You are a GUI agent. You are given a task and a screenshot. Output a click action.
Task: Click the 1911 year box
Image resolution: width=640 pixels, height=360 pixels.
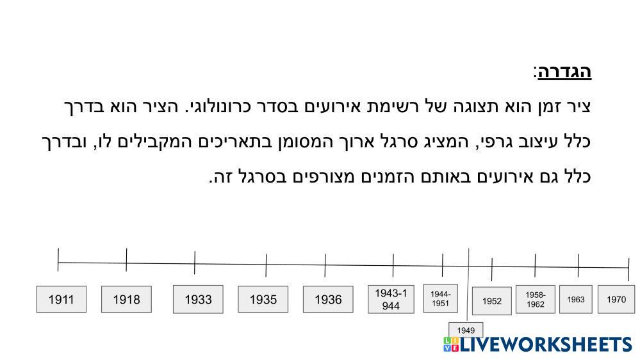(62, 299)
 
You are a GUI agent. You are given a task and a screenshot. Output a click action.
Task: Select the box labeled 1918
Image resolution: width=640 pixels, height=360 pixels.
(127, 299)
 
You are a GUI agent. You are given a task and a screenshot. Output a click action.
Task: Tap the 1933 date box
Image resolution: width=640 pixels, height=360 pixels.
(198, 299)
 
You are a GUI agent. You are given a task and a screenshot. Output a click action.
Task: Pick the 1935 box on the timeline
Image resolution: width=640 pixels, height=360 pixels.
(263, 299)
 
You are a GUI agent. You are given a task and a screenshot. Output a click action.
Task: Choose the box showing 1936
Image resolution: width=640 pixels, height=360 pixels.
(328, 299)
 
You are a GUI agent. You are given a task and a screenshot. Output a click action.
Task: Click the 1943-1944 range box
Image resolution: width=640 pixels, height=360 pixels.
(391, 299)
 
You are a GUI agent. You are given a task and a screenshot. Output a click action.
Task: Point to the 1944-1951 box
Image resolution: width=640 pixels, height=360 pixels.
(440, 299)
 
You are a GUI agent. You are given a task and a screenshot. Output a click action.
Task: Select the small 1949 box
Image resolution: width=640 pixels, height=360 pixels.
(466, 330)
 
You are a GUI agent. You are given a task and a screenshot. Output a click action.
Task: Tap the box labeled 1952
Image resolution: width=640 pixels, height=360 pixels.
(492, 301)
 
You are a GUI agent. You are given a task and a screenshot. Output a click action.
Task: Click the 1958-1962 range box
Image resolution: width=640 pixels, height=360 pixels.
(536, 299)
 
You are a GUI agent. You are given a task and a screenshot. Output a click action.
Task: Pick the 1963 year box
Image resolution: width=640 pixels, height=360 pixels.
(576, 299)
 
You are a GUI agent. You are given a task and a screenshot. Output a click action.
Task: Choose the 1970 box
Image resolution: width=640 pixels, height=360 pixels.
(616, 299)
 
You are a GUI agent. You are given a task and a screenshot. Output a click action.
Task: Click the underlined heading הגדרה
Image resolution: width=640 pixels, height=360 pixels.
(564, 72)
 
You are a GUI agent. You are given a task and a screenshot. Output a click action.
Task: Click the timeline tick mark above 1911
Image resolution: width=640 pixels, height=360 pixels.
(58, 259)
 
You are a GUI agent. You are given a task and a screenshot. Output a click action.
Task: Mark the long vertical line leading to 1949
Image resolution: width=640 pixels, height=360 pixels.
(468, 284)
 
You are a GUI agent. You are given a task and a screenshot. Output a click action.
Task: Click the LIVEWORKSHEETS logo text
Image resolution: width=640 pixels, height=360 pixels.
(546, 344)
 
